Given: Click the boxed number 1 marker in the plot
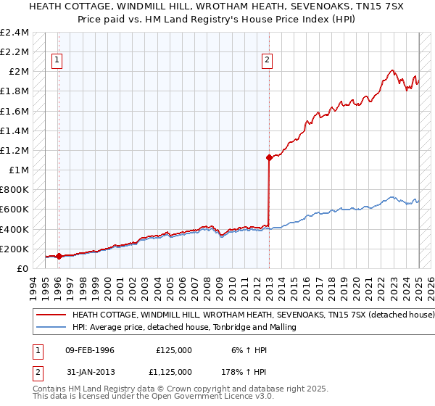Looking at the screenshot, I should click(57, 60).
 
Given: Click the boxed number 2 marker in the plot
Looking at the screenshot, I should click(268, 60).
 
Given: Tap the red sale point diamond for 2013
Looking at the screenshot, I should click(269, 157).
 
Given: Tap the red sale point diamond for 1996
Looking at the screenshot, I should click(59, 256).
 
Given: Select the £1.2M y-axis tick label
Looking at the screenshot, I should click(16, 151).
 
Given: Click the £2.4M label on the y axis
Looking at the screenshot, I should click(16, 33).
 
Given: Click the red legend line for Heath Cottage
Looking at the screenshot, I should click(51, 315).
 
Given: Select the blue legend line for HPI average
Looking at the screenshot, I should click(51, 328).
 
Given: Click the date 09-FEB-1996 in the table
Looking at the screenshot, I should click(90, 350).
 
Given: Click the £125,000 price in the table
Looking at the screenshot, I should click(174, 350).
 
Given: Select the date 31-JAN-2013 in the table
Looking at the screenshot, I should click(90, 371).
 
